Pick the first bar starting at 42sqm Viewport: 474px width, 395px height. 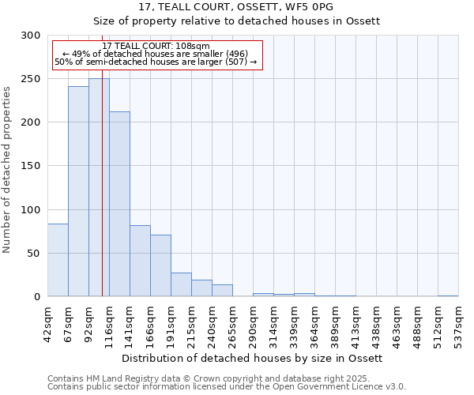58,260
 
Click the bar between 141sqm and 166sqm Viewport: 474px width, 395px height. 140,261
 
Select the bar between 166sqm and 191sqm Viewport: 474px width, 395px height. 160,265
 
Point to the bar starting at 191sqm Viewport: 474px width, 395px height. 181,284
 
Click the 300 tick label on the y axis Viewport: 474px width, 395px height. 30,36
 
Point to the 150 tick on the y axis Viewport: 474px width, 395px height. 30,166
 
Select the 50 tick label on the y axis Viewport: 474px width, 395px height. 33,254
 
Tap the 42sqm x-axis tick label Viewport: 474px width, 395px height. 48,321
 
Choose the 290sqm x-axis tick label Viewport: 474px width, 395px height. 254,321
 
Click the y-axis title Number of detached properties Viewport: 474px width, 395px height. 8,170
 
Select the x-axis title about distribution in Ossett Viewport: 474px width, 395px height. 252,358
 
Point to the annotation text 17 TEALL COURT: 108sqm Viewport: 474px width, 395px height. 156,47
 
